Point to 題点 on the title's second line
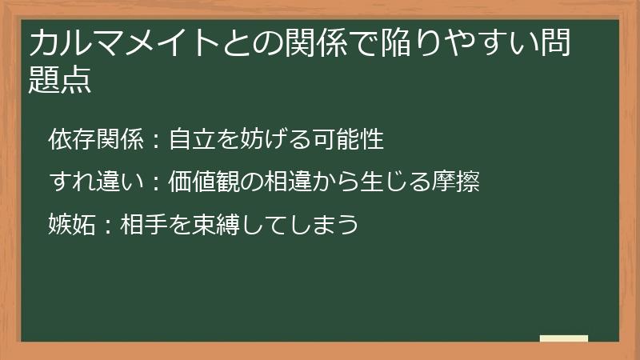click(x=60, y=80)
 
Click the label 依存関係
click(x=95, y=140)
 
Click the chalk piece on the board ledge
click(x=563, y=338)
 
